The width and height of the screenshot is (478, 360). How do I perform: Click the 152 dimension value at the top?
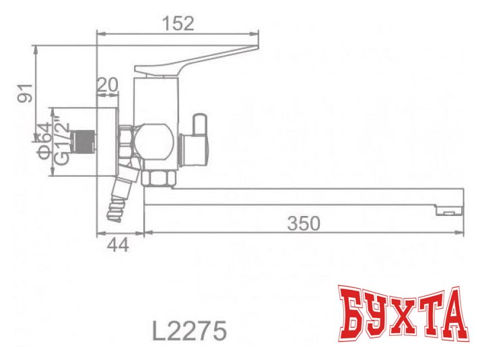pos(178,24)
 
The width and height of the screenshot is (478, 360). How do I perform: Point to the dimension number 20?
pos(108,85)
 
